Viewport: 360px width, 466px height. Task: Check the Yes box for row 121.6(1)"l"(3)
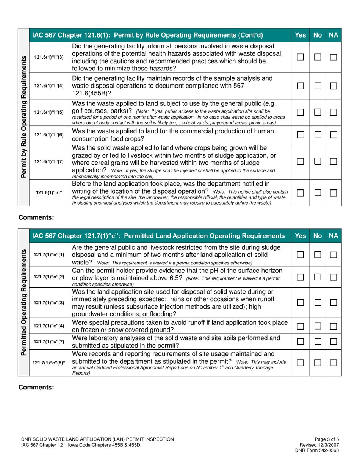tap(300, 57)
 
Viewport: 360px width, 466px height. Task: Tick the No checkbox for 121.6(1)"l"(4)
tap(317, 86)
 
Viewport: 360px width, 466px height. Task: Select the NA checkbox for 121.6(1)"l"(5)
tap(334, 113)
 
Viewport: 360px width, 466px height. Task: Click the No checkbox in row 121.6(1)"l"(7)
tap(317, 161)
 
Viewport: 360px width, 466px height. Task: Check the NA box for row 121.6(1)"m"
tap(334, 193)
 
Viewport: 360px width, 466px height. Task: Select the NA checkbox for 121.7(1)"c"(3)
tap(334, 303)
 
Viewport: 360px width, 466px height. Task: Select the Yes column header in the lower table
tap(300, 236)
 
